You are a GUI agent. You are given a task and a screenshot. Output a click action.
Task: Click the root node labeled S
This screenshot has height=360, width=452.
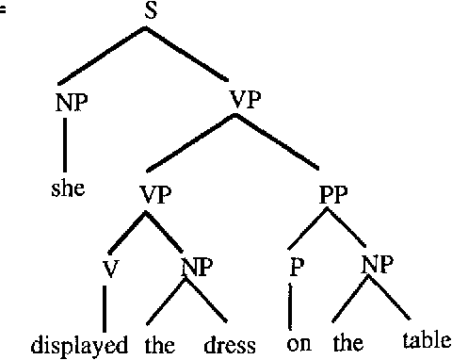pos(146,14)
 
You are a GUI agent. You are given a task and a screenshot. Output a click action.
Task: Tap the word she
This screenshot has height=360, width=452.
pos(68,188)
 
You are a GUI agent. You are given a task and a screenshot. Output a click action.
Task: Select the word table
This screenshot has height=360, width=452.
pos(427,340)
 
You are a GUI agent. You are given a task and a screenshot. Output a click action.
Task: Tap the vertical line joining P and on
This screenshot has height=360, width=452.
pos(291,306)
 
